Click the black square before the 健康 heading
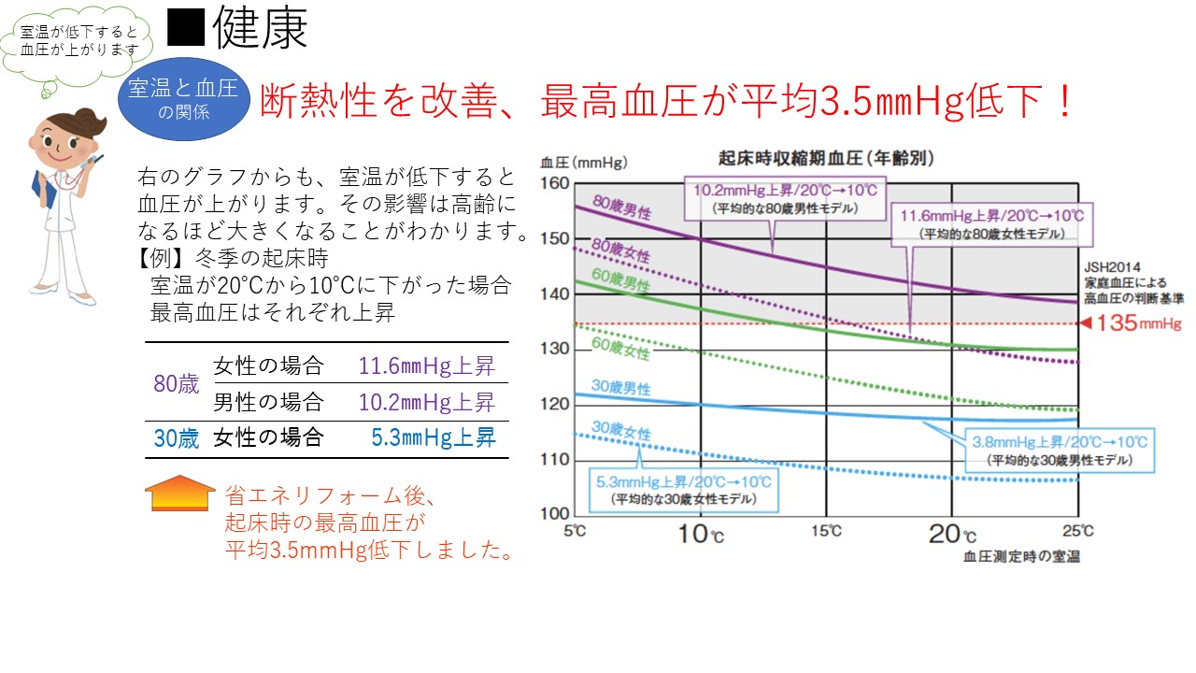pyautogui.click(x=185, y=30)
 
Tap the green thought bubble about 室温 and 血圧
pyautogui.click(x=79, y=41)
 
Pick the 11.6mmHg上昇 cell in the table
pyautogui.click(x=426, y=365)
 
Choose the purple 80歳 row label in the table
pyautogui.click(x=177, y=383)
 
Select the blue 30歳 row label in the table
pyautogui.click(x=177, y=438)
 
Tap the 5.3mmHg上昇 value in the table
pyautogui.click(x=434, y=437)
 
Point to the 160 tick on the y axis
pyautogui.click(x=555, y=183)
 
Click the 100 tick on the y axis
pyautogui.click(x=555, y=513)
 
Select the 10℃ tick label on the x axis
pyautogui.click(x=702, y=535)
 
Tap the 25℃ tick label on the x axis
pyautogui.click(x=1077, y=532)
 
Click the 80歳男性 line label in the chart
pyautogui.click(x=623, y=208)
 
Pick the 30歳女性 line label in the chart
pyautogui.click(x=621, y=431)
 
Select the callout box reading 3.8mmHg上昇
pyautogui.click(x=1059, y=450)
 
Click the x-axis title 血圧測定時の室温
pyautogui.click(x=1021, y=557)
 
